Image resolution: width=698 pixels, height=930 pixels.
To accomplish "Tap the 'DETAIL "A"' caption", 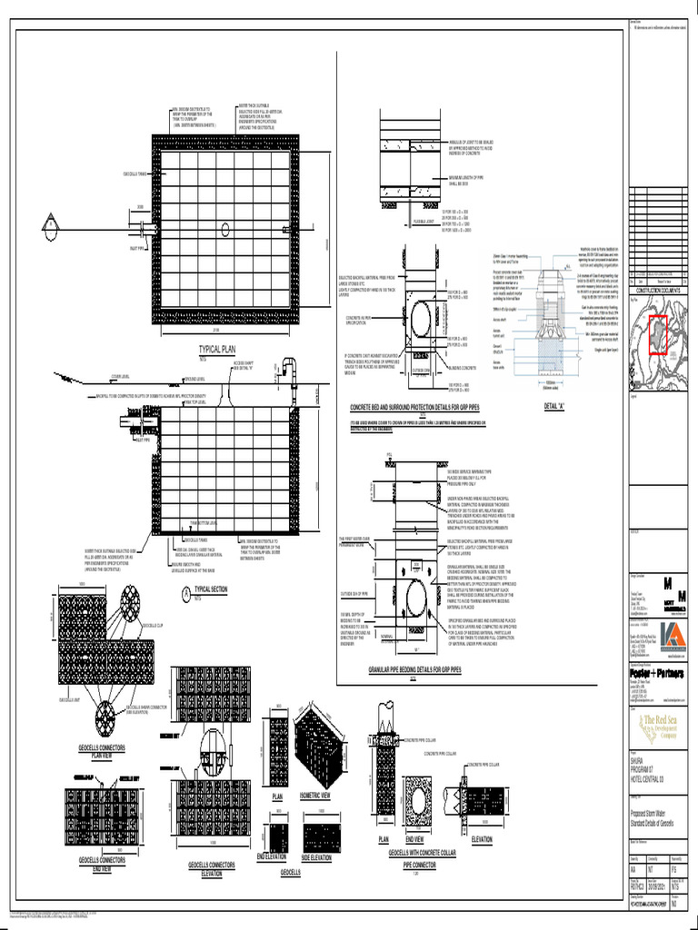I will tap(553, 405).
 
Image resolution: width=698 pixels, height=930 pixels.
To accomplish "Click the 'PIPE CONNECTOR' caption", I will tap(421, 866).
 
